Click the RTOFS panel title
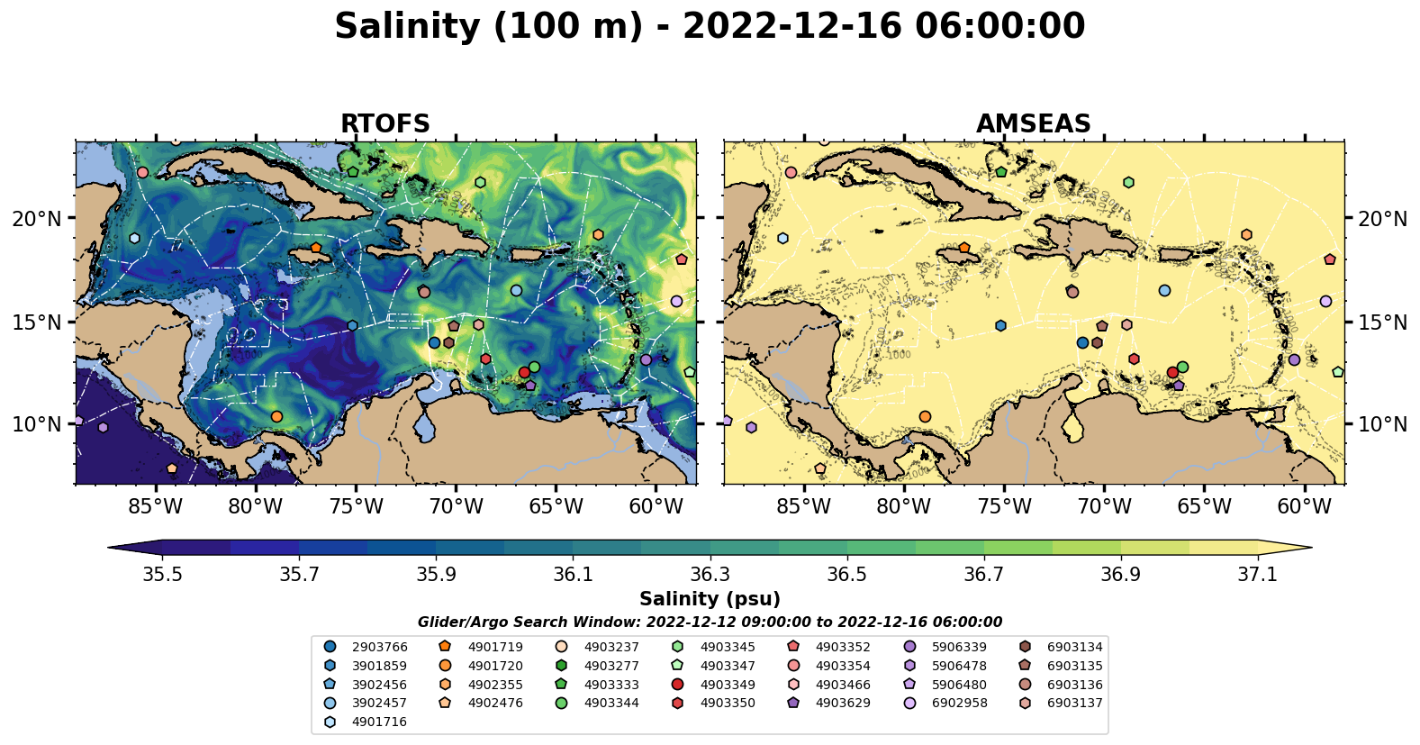click(384, 123)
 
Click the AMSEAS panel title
click(1033, 123)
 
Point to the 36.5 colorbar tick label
click(846, 575)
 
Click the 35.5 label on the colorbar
click(162, 575)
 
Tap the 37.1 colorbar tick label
click(1257, 575)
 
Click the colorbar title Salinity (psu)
click(710, 599)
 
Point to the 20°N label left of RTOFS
click(37, 219)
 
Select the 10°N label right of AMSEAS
click(1382, 424)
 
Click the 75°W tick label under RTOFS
click(356, 506)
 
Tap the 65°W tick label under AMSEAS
click(1204, 506)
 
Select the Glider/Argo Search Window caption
click(710, 622)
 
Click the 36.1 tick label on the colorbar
click(573, 575)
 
